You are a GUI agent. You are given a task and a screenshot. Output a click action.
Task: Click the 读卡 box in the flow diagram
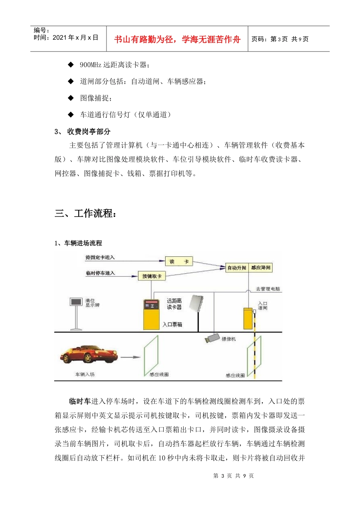179,261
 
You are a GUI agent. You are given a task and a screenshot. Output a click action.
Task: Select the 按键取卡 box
152,276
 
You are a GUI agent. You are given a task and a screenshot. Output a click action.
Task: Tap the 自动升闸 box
237,268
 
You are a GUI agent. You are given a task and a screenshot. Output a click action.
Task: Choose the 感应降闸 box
261,268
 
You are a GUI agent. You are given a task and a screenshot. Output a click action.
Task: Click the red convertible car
89,355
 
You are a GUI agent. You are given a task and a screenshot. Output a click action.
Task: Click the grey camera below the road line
212,338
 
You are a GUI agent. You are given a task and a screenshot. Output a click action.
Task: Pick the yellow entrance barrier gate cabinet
248,319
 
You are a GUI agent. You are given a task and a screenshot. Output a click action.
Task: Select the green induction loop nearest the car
151,356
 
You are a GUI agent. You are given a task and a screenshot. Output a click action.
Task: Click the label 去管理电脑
268,289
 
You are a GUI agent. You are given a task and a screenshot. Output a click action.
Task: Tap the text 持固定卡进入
100,258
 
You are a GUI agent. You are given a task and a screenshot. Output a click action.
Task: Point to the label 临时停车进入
100,273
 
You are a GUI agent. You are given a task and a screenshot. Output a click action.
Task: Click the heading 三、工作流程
86,213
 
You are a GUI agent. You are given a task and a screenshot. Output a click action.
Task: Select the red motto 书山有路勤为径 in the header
177,39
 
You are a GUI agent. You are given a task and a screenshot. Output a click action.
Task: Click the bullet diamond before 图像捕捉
71,98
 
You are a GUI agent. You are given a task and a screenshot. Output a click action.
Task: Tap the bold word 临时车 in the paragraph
80,401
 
